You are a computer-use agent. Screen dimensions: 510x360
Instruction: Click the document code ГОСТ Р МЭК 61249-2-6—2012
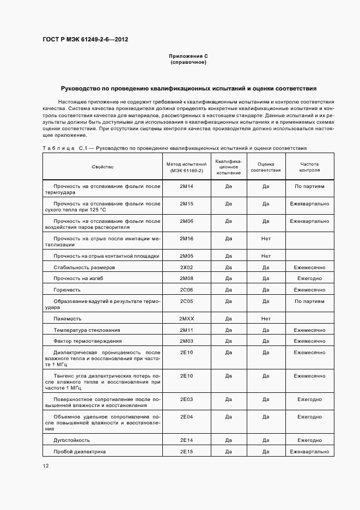coord(85,40)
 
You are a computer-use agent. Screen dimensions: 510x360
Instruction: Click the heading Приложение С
coord(188,56)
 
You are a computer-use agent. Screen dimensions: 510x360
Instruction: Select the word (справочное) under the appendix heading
coord(188,62)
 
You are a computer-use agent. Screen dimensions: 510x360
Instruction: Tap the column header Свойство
coord(102,167)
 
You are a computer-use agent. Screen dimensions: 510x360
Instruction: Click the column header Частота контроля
coord(309,167)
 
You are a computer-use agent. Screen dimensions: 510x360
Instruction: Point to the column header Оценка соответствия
coord(266,167)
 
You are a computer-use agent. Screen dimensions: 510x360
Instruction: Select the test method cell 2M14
coord(187,186)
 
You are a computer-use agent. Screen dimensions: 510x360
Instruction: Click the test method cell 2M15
coord(187,204)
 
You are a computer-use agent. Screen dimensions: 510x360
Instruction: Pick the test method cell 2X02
coord(187,268)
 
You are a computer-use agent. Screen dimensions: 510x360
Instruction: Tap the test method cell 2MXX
coord(187,319)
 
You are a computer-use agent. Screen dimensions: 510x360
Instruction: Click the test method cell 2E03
coord(187,399)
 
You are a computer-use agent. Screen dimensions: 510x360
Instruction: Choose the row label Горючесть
coord(67,290)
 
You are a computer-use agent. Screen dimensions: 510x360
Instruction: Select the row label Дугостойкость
coord(71,440)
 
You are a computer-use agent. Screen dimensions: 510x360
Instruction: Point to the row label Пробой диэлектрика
coord(80,452)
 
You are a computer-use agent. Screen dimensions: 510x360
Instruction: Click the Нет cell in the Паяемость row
coord(266,319)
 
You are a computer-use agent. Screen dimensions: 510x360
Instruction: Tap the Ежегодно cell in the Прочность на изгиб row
coord(309,278)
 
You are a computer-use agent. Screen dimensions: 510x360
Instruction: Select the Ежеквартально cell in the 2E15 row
coord(309,452)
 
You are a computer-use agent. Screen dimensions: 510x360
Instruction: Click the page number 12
coord(46,466)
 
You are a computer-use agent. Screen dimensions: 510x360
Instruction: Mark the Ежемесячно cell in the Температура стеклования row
coord(309,330)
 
